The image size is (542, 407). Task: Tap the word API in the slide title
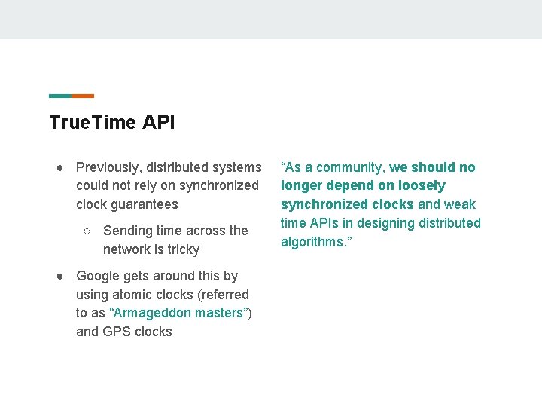coord(158,122)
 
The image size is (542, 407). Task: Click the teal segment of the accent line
coord(60,96)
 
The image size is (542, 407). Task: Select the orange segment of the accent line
coord(83,96)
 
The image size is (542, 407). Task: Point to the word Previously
coord(108,167)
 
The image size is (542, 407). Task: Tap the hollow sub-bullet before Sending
coord(87,231)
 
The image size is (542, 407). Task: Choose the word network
coord(127,249)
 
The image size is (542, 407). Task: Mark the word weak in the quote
coord(461,204)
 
